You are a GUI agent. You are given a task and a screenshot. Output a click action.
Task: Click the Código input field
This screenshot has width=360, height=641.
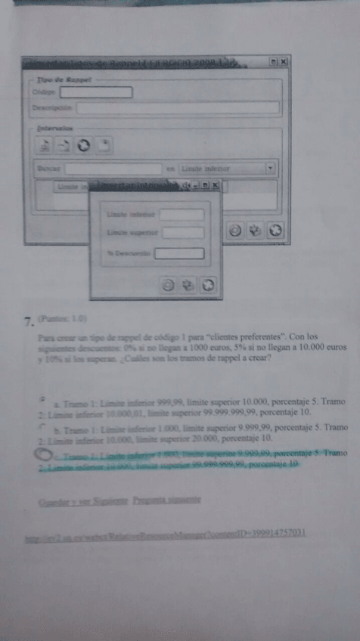point(95,92)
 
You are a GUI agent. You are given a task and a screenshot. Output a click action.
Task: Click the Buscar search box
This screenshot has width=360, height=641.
point(113,169)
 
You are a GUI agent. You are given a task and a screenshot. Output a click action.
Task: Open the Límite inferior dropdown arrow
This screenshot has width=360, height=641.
point(269,169)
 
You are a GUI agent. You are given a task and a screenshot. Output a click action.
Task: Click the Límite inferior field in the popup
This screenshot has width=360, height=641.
point(182,215)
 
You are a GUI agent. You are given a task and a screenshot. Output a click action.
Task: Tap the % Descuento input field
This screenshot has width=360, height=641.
point(179,253)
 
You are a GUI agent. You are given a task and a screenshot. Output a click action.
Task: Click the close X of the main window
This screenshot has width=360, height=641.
point(284,61)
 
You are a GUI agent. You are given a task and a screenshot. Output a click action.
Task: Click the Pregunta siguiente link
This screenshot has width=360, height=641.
point(166,500)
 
